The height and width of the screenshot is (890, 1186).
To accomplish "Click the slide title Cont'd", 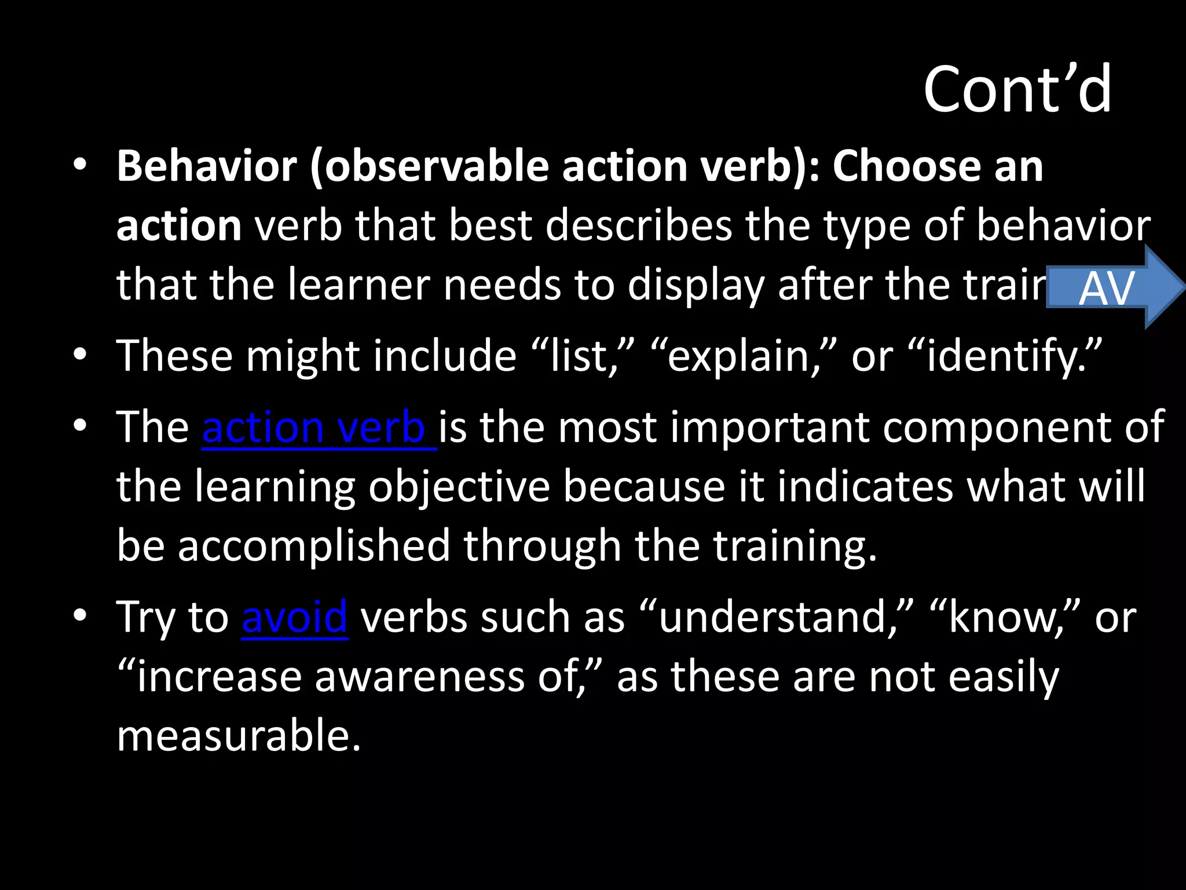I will [x=1017, y=90].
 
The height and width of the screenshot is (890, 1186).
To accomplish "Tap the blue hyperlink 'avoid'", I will [x=295, y=618].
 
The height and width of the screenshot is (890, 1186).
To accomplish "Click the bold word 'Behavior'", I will [x=207, y=166].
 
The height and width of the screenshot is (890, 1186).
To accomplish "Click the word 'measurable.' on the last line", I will [x=239, y=736].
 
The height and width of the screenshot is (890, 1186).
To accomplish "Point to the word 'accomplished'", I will [x=313, y=546].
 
